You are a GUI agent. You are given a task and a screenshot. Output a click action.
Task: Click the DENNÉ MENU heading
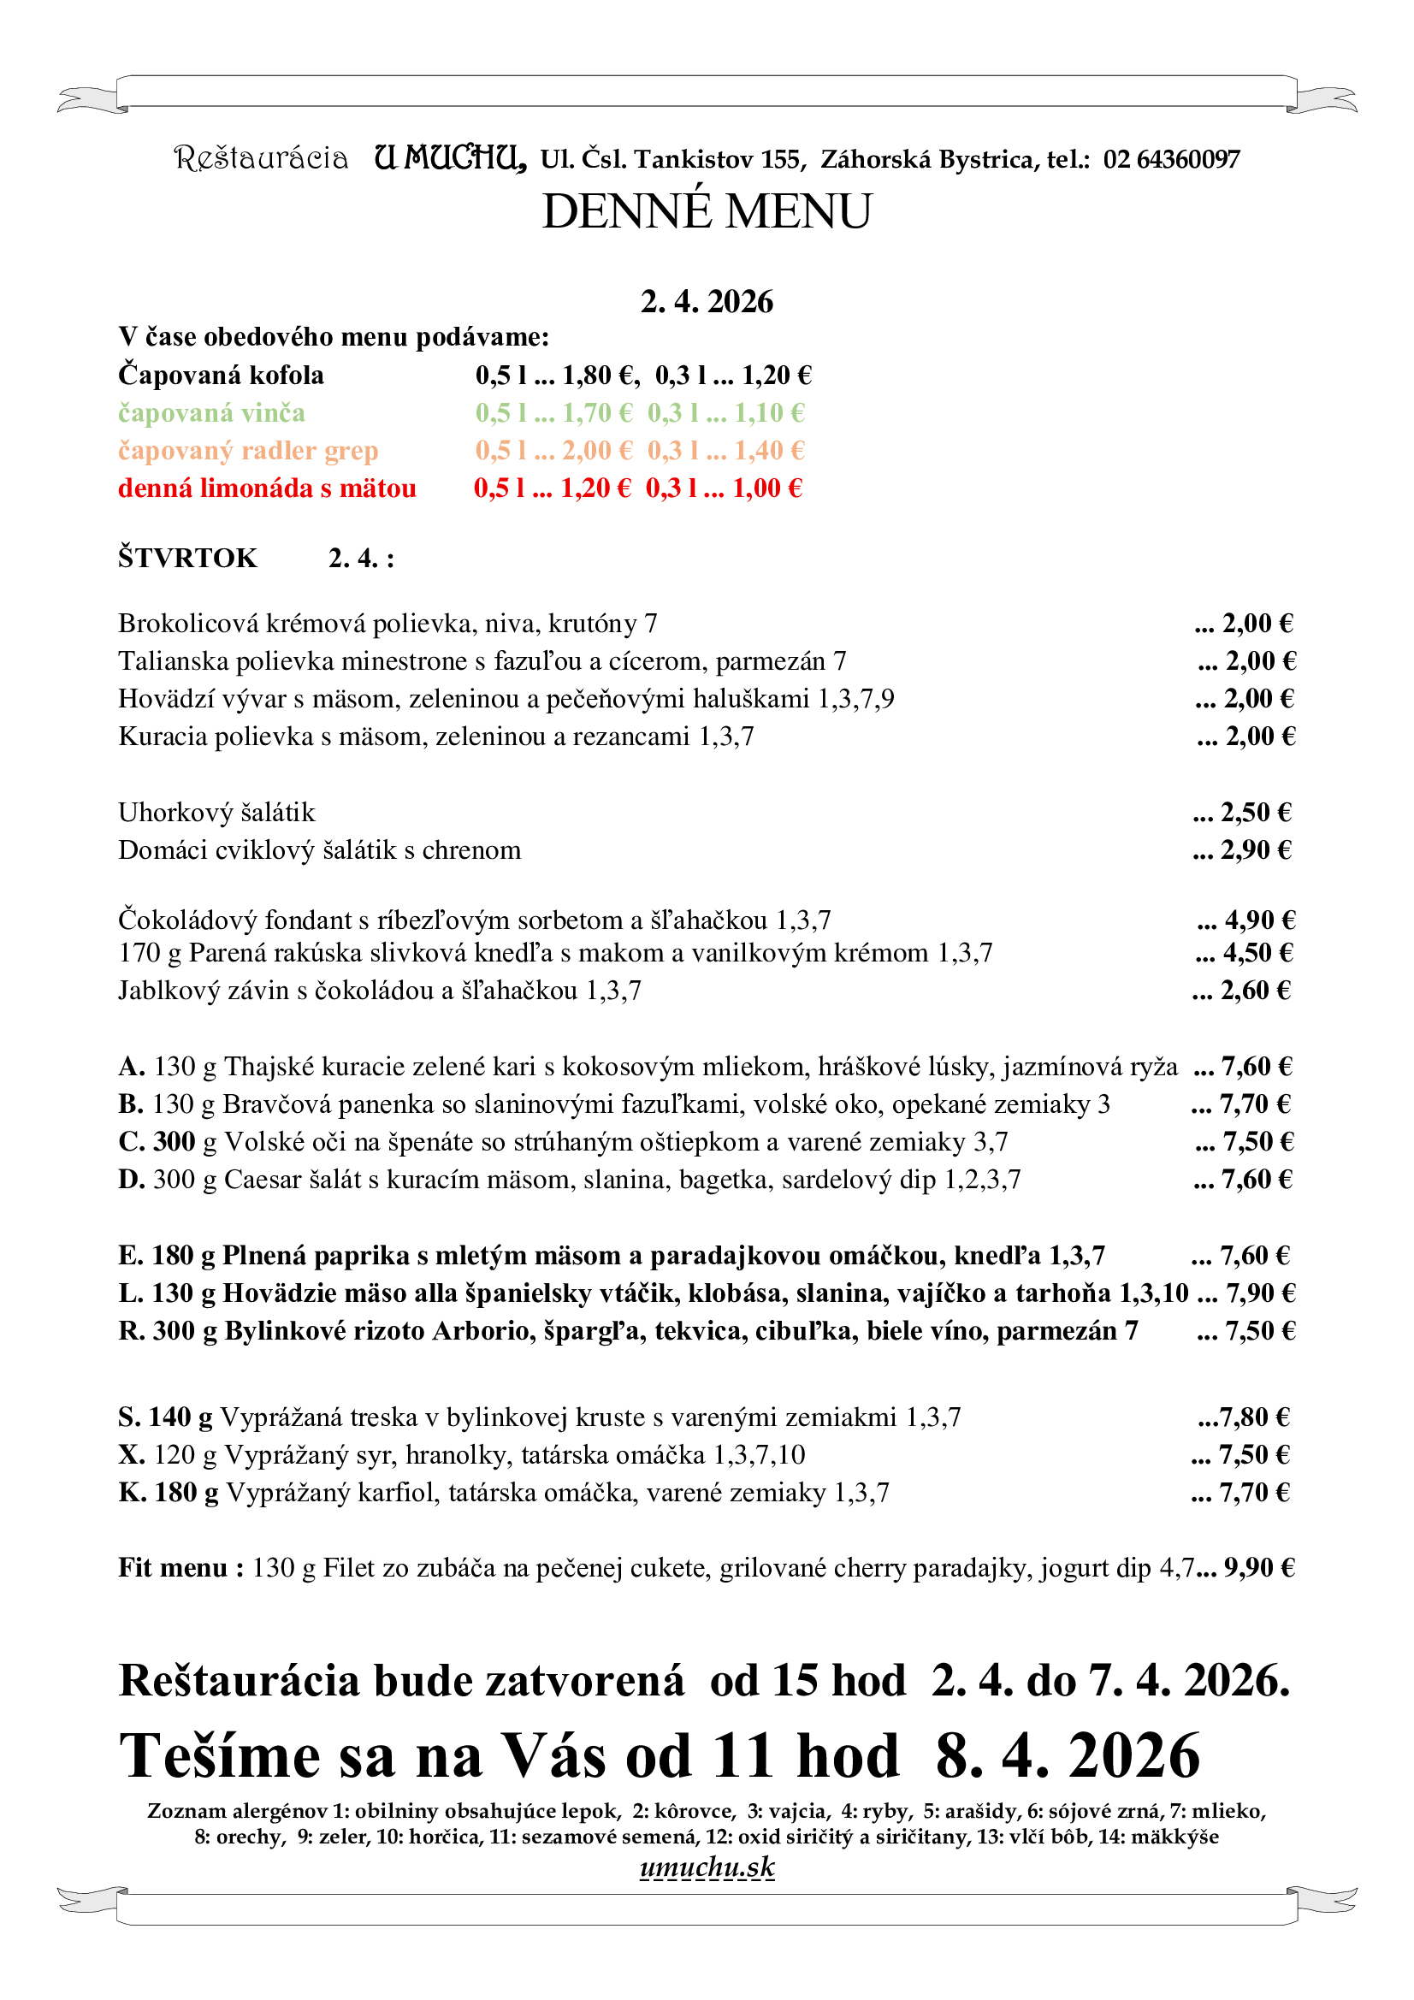pos(707,211)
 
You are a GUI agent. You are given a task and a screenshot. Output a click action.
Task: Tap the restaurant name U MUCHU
pos(450,157)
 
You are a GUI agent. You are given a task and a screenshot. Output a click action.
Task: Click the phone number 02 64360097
pos(1171,159)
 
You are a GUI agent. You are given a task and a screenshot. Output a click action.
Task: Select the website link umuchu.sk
pos(707,1867)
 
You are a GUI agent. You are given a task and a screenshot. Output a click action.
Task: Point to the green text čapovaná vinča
pos(211,413)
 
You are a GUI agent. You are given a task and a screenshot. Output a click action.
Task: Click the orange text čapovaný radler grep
pos(248,450)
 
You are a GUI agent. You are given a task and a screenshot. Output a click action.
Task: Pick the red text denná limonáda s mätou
pos(267,488)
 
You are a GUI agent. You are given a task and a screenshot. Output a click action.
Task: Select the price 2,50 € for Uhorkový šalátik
pos(1256,812)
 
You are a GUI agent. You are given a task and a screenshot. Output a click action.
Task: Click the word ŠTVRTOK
pos(188,558)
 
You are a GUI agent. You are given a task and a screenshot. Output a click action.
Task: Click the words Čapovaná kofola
pos(222,376)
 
